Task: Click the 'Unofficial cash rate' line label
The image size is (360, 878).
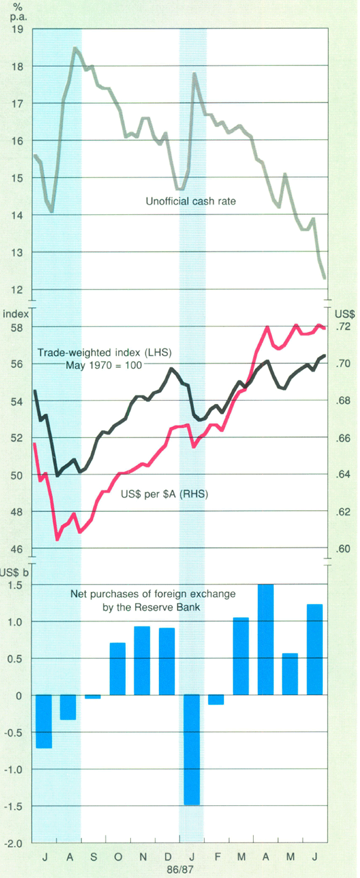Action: click(x=191, y=202)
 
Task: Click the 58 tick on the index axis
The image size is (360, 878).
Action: click(x=17, y=328)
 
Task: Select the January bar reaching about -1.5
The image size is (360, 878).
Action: click(x=191, y=750)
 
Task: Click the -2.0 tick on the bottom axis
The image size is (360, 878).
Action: click(x=14, y=843)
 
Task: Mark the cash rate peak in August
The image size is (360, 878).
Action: click(x=75, y=47)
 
